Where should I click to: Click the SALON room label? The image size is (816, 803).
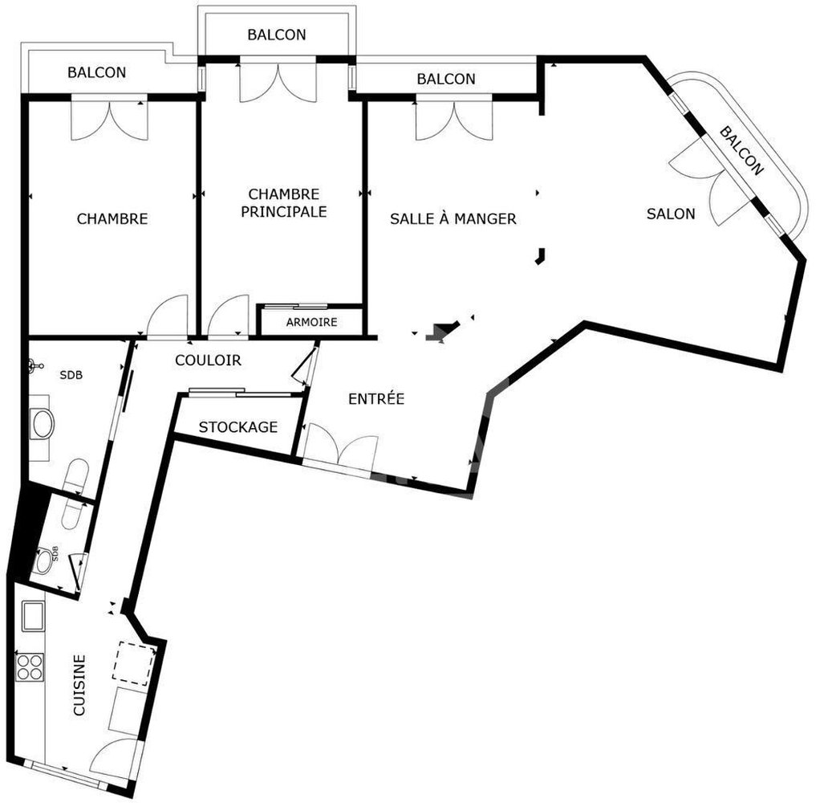tap(670, 214)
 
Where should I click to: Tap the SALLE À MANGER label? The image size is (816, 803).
tap(453, 218)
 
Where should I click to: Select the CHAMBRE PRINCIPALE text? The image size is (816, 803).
tap(283, 202)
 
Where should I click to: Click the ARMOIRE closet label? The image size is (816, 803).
tap(311, 322)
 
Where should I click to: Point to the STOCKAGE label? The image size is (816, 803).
tap(237, 427)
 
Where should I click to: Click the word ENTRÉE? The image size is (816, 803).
tap(376, 399)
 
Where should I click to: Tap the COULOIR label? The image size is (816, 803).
tap(208, 360)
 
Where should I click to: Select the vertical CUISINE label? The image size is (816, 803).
tap(79, 685)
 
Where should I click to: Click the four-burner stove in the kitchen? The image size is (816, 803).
tap(30, 667)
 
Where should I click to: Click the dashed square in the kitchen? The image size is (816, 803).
tap(134, 663)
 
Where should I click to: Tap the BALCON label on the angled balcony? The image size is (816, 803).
tap(741, 151)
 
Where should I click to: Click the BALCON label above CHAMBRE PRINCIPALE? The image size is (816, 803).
tap(276, 35)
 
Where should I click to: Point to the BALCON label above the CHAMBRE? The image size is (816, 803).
tap(97, 72)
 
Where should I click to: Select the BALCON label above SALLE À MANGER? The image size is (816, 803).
tap(446, 79)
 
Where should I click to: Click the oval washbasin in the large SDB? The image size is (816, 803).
tap(43, 424)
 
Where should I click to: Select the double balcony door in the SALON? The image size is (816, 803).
tap(711, 182)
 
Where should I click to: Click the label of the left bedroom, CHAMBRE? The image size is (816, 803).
tap(112, 218)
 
